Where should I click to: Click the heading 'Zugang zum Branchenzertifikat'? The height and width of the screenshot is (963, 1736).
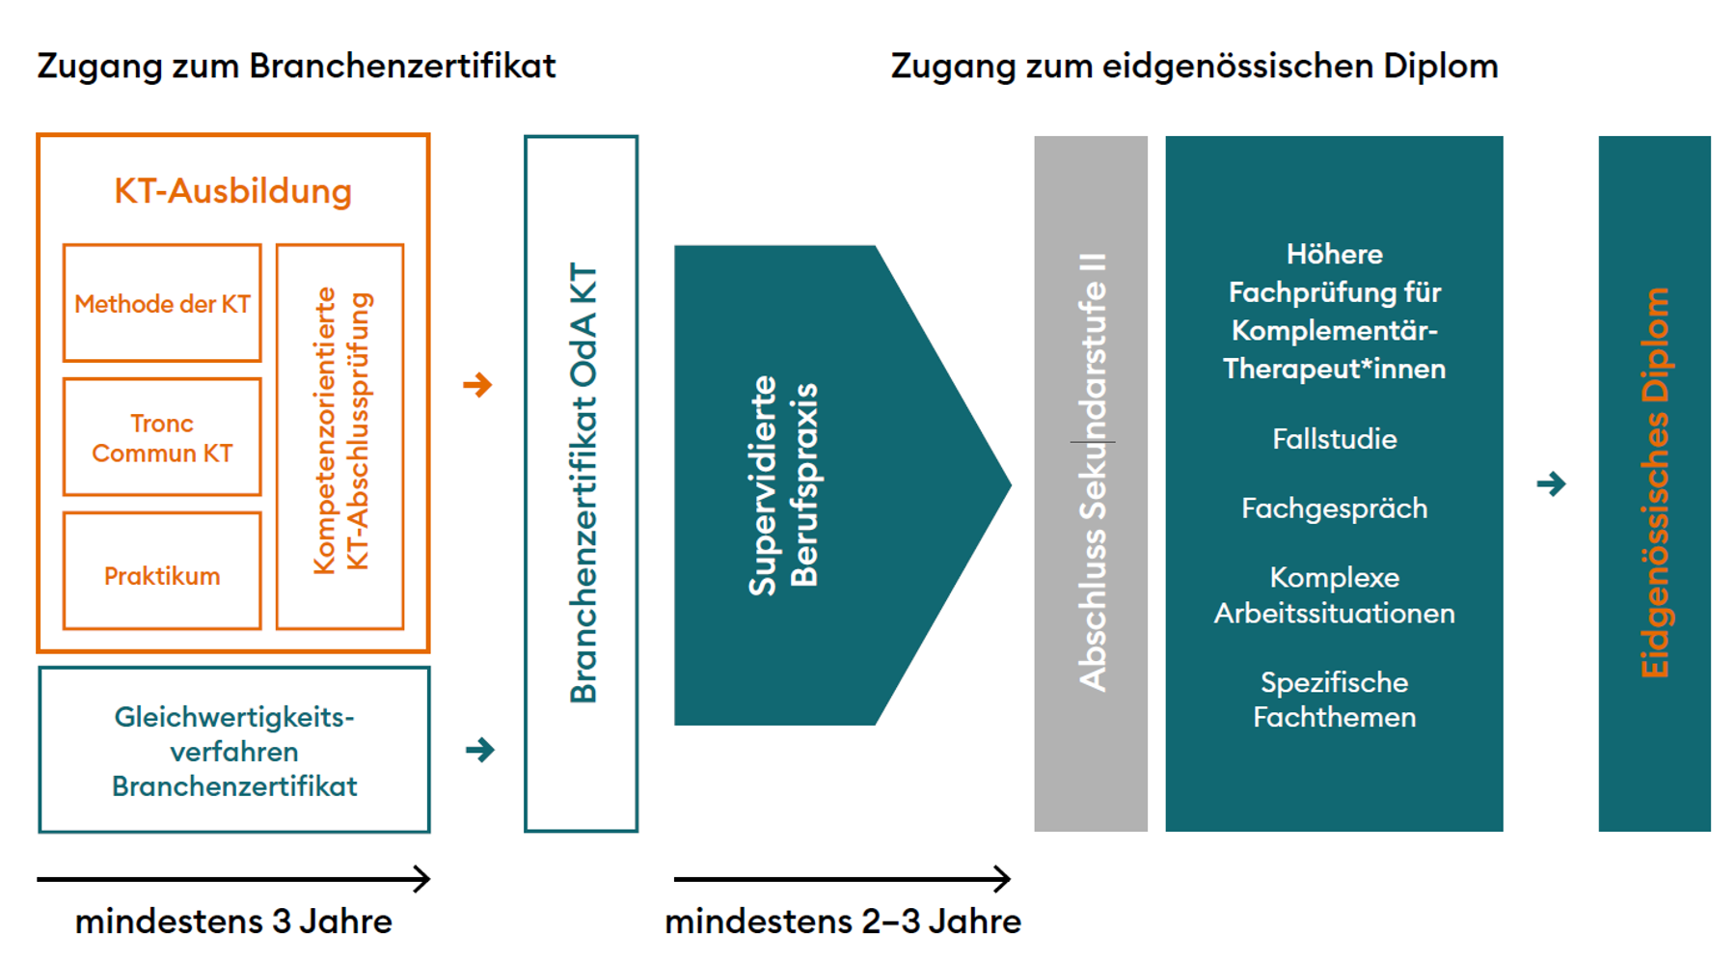296,67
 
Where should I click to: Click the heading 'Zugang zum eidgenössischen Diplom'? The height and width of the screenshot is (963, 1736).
1194,67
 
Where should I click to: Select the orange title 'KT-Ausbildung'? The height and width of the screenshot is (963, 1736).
233,191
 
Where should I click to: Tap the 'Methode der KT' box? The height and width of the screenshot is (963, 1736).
162,304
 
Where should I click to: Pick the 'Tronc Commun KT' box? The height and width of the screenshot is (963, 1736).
162,438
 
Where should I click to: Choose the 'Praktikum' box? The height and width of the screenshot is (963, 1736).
162,576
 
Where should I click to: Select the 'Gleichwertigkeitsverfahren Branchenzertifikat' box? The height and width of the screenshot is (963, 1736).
234,751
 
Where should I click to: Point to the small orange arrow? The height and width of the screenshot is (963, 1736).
477,385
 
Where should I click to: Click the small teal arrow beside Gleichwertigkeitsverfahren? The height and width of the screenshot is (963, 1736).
479,750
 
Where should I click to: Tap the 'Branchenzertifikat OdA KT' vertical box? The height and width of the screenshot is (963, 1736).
582,482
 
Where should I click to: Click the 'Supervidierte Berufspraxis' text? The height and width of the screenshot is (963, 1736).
782,484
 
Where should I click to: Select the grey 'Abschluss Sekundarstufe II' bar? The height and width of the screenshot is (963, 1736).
1091,482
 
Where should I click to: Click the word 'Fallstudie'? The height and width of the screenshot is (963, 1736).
1334,439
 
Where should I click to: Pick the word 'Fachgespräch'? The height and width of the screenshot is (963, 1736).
1334,509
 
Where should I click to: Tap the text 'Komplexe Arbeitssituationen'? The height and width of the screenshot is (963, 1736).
1334,594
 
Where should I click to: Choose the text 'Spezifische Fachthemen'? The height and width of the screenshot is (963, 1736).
1334,700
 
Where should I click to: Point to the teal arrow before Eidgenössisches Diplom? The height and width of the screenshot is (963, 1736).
1551,483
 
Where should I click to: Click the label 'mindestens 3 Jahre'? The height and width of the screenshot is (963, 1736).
233,922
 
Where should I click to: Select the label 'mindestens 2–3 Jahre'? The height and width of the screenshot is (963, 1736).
843,922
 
